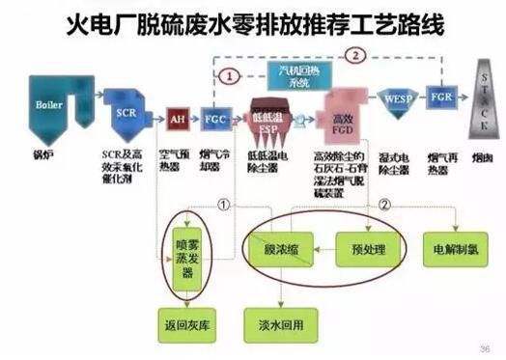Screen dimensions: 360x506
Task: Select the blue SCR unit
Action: coord(125,112)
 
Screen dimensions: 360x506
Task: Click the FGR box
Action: coord(441,99)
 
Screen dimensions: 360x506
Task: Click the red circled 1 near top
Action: coord(230,74)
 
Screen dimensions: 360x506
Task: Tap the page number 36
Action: coord(486,346)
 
